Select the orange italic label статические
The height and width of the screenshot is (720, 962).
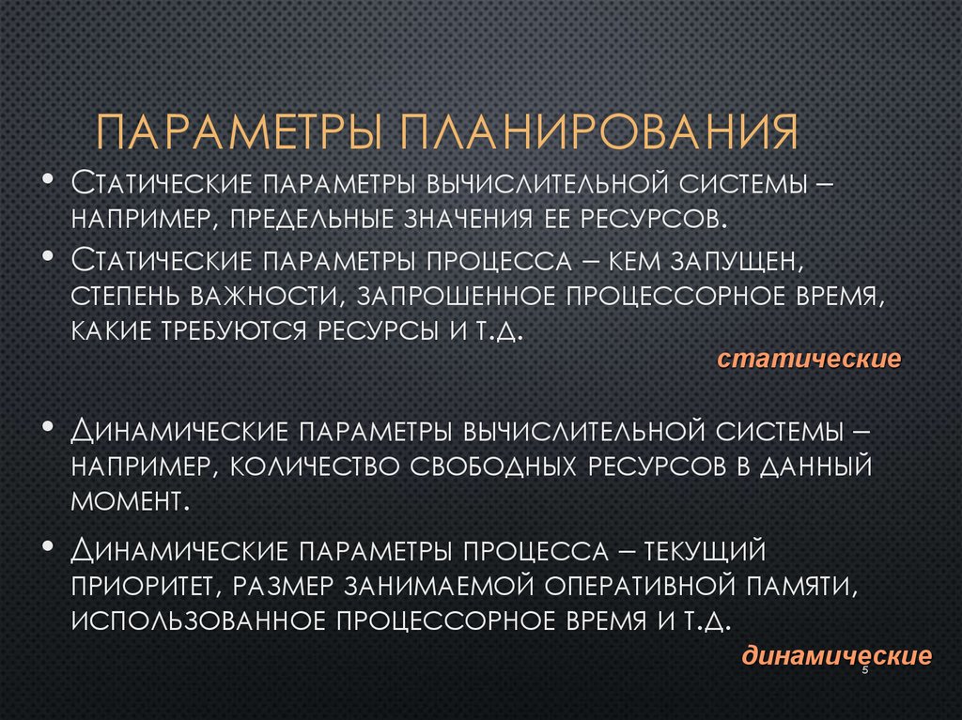(x=810, y=360)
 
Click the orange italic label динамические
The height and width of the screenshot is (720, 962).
(x=837, y=655)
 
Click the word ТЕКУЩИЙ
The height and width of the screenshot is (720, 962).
(x=724, y=548)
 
